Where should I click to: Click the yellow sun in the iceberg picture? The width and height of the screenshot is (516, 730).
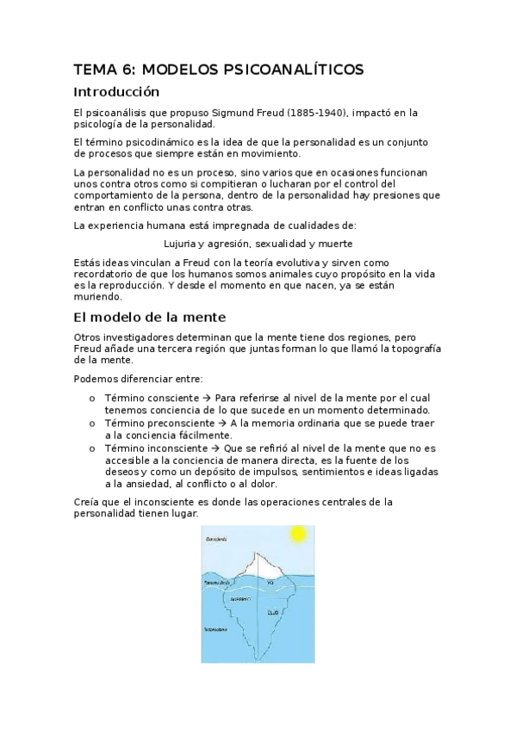click(x=298, y=535)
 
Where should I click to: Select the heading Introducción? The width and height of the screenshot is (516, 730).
click(x=117, y=91)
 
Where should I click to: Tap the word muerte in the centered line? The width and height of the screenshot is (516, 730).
click(x=335, y=243)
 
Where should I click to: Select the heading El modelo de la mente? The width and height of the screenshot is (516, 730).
click(x=150, y=317)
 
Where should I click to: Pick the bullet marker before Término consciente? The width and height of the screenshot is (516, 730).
click(x=92, y=399)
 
